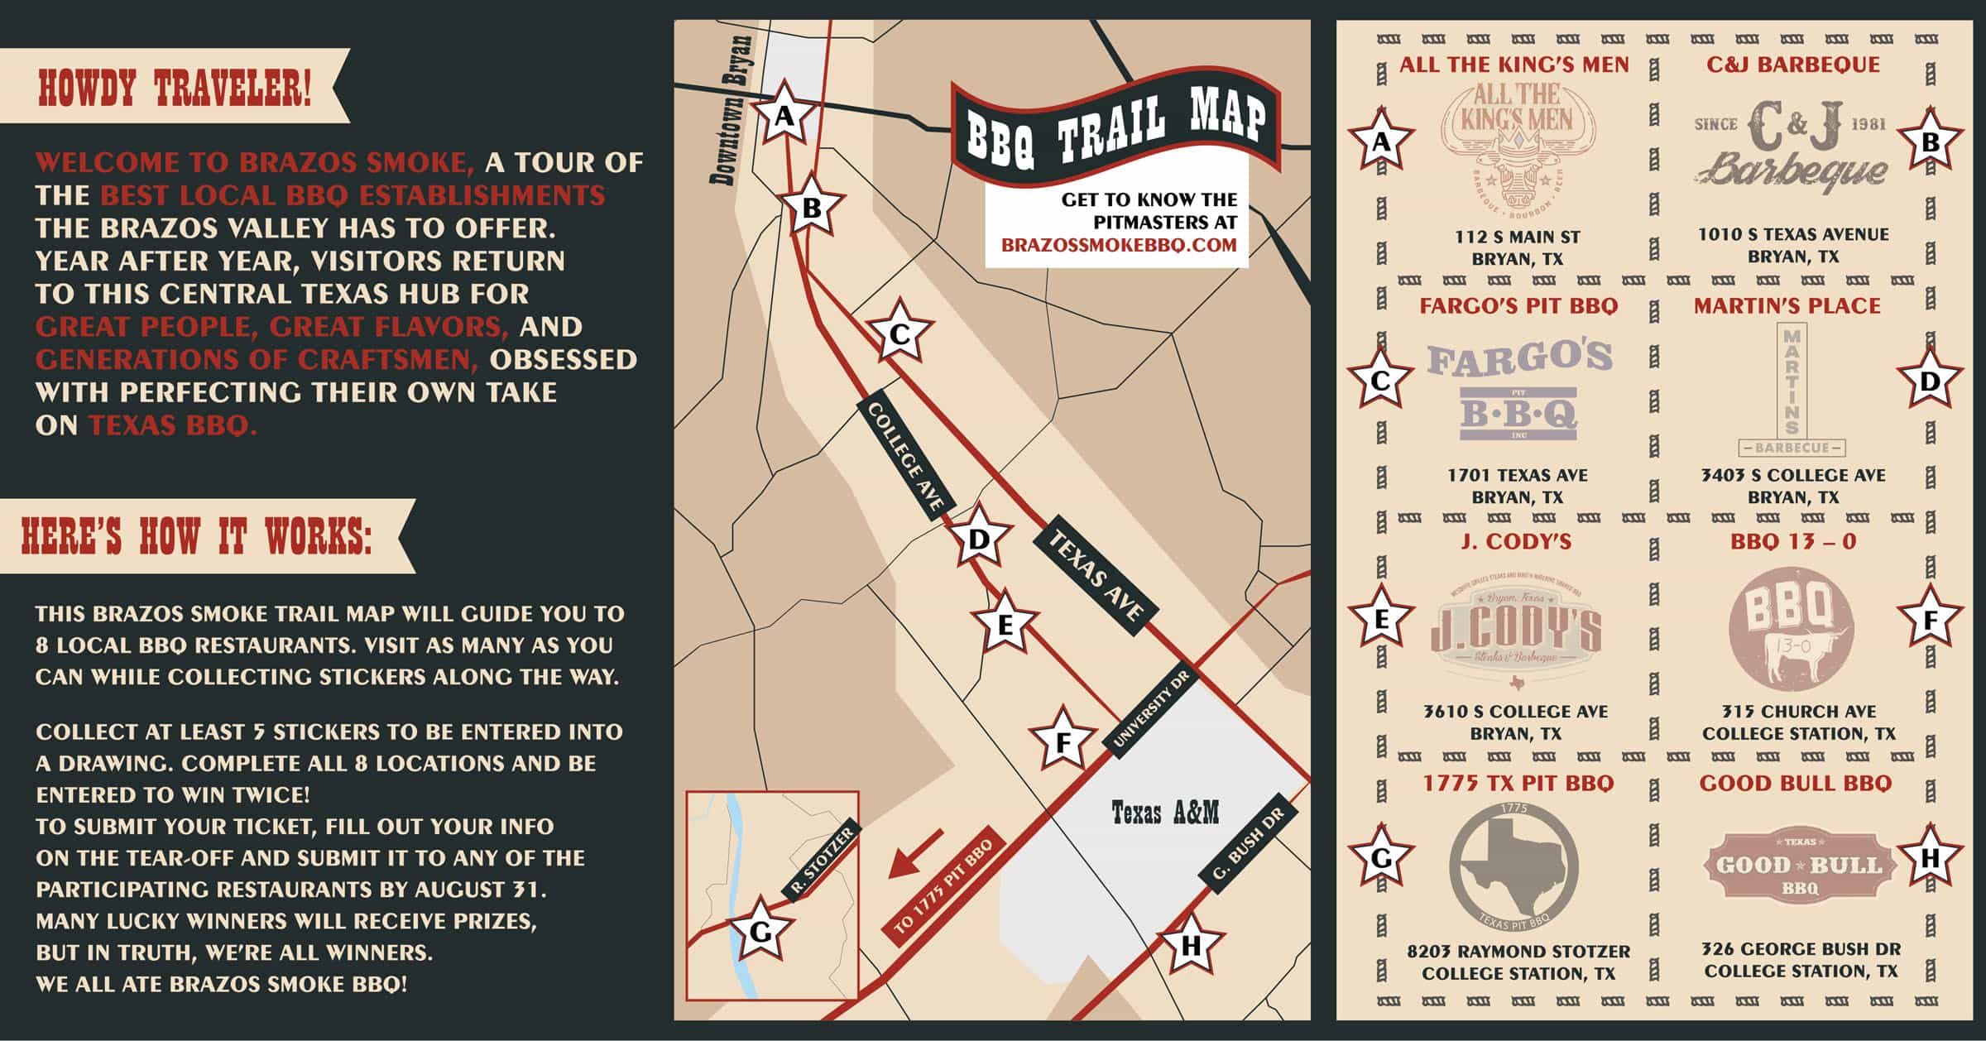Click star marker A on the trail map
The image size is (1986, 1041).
[783, 117]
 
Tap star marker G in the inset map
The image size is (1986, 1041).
[759, 933]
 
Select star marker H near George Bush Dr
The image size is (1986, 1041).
[1190, 945]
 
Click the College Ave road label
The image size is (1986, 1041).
[905, 460]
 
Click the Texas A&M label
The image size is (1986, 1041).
[1165, 813]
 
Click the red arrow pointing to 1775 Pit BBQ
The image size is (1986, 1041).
[916, 853]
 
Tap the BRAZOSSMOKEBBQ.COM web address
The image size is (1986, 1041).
[1119, 245]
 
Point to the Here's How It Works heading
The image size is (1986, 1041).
[196, 536]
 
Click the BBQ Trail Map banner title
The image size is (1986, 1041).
[1116, 127]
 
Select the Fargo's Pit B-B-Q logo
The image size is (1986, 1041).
[1519, 388]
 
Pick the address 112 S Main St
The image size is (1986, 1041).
[1518, 237]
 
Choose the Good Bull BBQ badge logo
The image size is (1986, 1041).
[1799, 866]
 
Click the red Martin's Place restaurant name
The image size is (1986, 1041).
[1787, 306]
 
